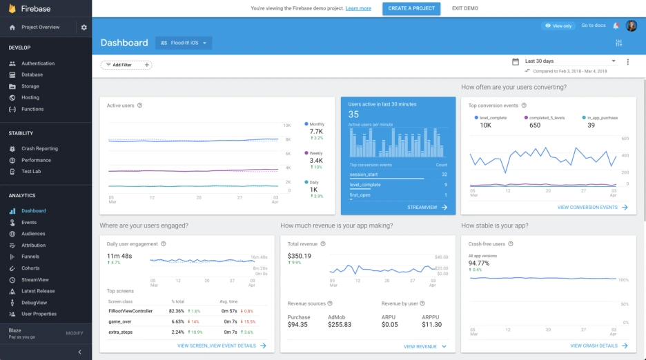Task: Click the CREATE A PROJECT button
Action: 411,8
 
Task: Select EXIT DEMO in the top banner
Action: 464,8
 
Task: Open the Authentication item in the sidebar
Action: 37,63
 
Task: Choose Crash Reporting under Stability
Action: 39,149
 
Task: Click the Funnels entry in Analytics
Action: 30,257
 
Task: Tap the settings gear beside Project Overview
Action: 84,28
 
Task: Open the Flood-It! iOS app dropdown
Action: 184,43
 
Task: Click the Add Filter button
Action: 126,65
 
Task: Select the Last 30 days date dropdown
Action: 570,61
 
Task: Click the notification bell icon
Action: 616,26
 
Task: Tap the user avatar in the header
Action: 632,26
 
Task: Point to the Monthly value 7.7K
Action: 316,131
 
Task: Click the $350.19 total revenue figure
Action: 300,256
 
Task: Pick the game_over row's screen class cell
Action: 120,321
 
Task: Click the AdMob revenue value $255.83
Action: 339,324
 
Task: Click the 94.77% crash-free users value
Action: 479,263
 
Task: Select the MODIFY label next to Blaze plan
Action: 74,333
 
